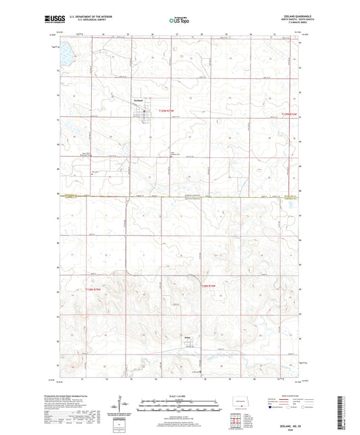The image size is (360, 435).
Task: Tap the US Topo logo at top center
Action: [180, 20]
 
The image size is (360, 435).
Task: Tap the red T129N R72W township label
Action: [290, 115]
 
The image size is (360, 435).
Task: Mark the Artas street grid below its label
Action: [189, 346]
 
